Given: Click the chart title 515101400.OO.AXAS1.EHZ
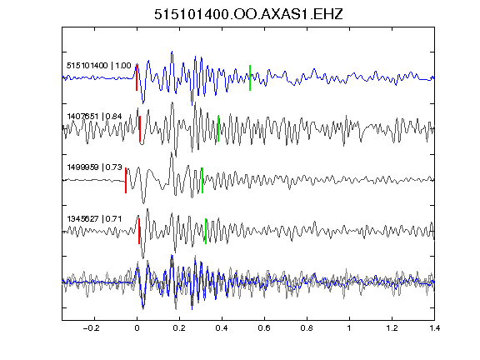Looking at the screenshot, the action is click(x=248, y=14).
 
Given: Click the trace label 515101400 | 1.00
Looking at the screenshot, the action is click(x=99, y=66).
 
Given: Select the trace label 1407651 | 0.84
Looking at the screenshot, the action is click(x=94, y=117).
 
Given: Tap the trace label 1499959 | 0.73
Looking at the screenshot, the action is click(x=94, y=167).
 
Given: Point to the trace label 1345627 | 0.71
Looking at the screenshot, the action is click(x=94, y=218).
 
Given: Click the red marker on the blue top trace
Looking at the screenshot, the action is click(x=137, y=77).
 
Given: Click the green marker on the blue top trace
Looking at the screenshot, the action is click(x=250, y=77).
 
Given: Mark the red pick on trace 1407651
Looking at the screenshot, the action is click(x=140, y=129).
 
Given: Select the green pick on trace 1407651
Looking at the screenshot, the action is click(x=218, y=129).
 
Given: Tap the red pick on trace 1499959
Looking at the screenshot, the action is click(x=126, y=180).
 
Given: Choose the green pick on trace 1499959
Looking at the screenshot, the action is click(x=202, y=180).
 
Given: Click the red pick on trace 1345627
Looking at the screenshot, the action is click(x=139, y=231).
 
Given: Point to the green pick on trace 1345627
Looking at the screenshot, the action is click(x=206, y=231).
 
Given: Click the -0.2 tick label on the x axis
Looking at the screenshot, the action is click(x=92, y=328).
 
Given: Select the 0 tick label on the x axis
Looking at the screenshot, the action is click(x=137, y=328).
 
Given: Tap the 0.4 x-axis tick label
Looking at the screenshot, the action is click(x=222, y=328).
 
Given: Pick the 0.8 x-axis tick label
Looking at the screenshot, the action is click(x=307, y=328).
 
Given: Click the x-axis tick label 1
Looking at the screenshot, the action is click(x=349, y=328).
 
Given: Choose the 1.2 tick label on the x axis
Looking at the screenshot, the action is click(x=392, y=328).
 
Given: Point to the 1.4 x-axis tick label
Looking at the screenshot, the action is click(x=434, y=328).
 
